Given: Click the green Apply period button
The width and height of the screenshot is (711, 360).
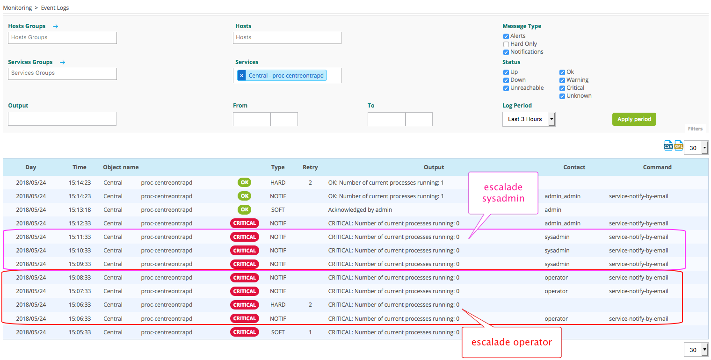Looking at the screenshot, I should [x=634, y=119].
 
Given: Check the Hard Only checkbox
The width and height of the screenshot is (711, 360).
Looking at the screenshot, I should [x=506, y=44].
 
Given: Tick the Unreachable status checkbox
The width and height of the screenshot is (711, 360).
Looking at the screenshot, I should [x=506, y=88].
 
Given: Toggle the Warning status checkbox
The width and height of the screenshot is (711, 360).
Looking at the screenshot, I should [x=562, y=80].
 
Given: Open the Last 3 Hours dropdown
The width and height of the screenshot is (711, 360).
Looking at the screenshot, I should [x=529, y=119].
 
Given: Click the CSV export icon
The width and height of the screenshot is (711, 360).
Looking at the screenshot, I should [x=668, y=146].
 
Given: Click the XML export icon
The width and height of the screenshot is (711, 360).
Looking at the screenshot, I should [x=678, y=146].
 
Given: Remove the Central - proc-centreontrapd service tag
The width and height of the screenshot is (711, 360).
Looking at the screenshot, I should [x=241, y=76].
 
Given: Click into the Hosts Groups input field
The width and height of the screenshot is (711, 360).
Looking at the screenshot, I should [x=62, y=38].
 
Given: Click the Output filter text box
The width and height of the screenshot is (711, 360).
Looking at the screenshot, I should [x=62, y=119].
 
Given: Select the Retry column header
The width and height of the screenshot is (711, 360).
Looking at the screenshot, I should [x=310, y=167].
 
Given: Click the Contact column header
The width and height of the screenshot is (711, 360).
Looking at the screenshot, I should [x=574, y=167].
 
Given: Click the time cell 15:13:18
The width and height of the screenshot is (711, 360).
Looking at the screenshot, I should [x=80, y=210].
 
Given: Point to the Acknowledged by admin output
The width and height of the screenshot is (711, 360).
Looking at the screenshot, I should [x=360, y=210].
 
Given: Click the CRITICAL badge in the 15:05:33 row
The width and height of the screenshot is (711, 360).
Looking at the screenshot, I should [x=245, y=332].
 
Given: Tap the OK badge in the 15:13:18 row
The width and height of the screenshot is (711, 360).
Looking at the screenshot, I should [x=244, y=210].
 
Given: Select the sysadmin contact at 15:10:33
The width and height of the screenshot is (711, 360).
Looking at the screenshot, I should [x=557, y=251].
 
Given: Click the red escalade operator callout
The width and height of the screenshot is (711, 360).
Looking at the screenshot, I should [x=511, y=342].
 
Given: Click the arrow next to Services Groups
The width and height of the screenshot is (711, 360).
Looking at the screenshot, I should [x=63, y=62].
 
